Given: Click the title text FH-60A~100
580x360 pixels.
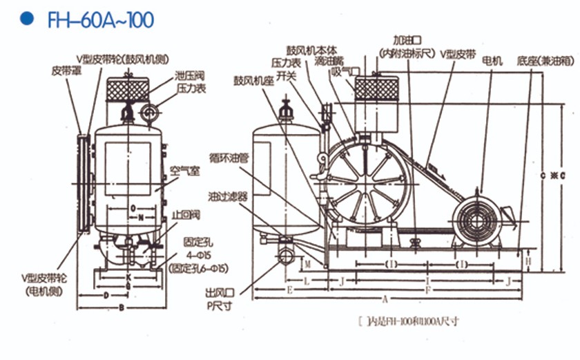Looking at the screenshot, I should [x=101, y=19].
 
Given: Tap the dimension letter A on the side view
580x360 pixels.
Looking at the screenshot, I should [x=385, y=299].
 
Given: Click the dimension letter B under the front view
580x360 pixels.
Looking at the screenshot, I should [x=122, y=307].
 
